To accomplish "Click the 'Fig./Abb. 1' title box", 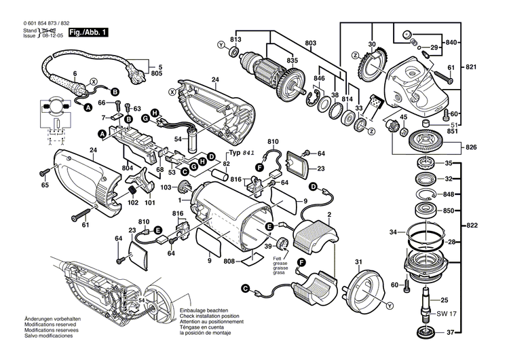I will pos(88,33).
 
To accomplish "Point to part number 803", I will pos(311,43).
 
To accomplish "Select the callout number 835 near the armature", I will pos(292,60).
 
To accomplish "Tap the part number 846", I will pos(317,79).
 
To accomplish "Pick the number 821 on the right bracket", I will pos(488,67).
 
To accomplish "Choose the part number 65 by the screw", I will pos(45,185).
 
